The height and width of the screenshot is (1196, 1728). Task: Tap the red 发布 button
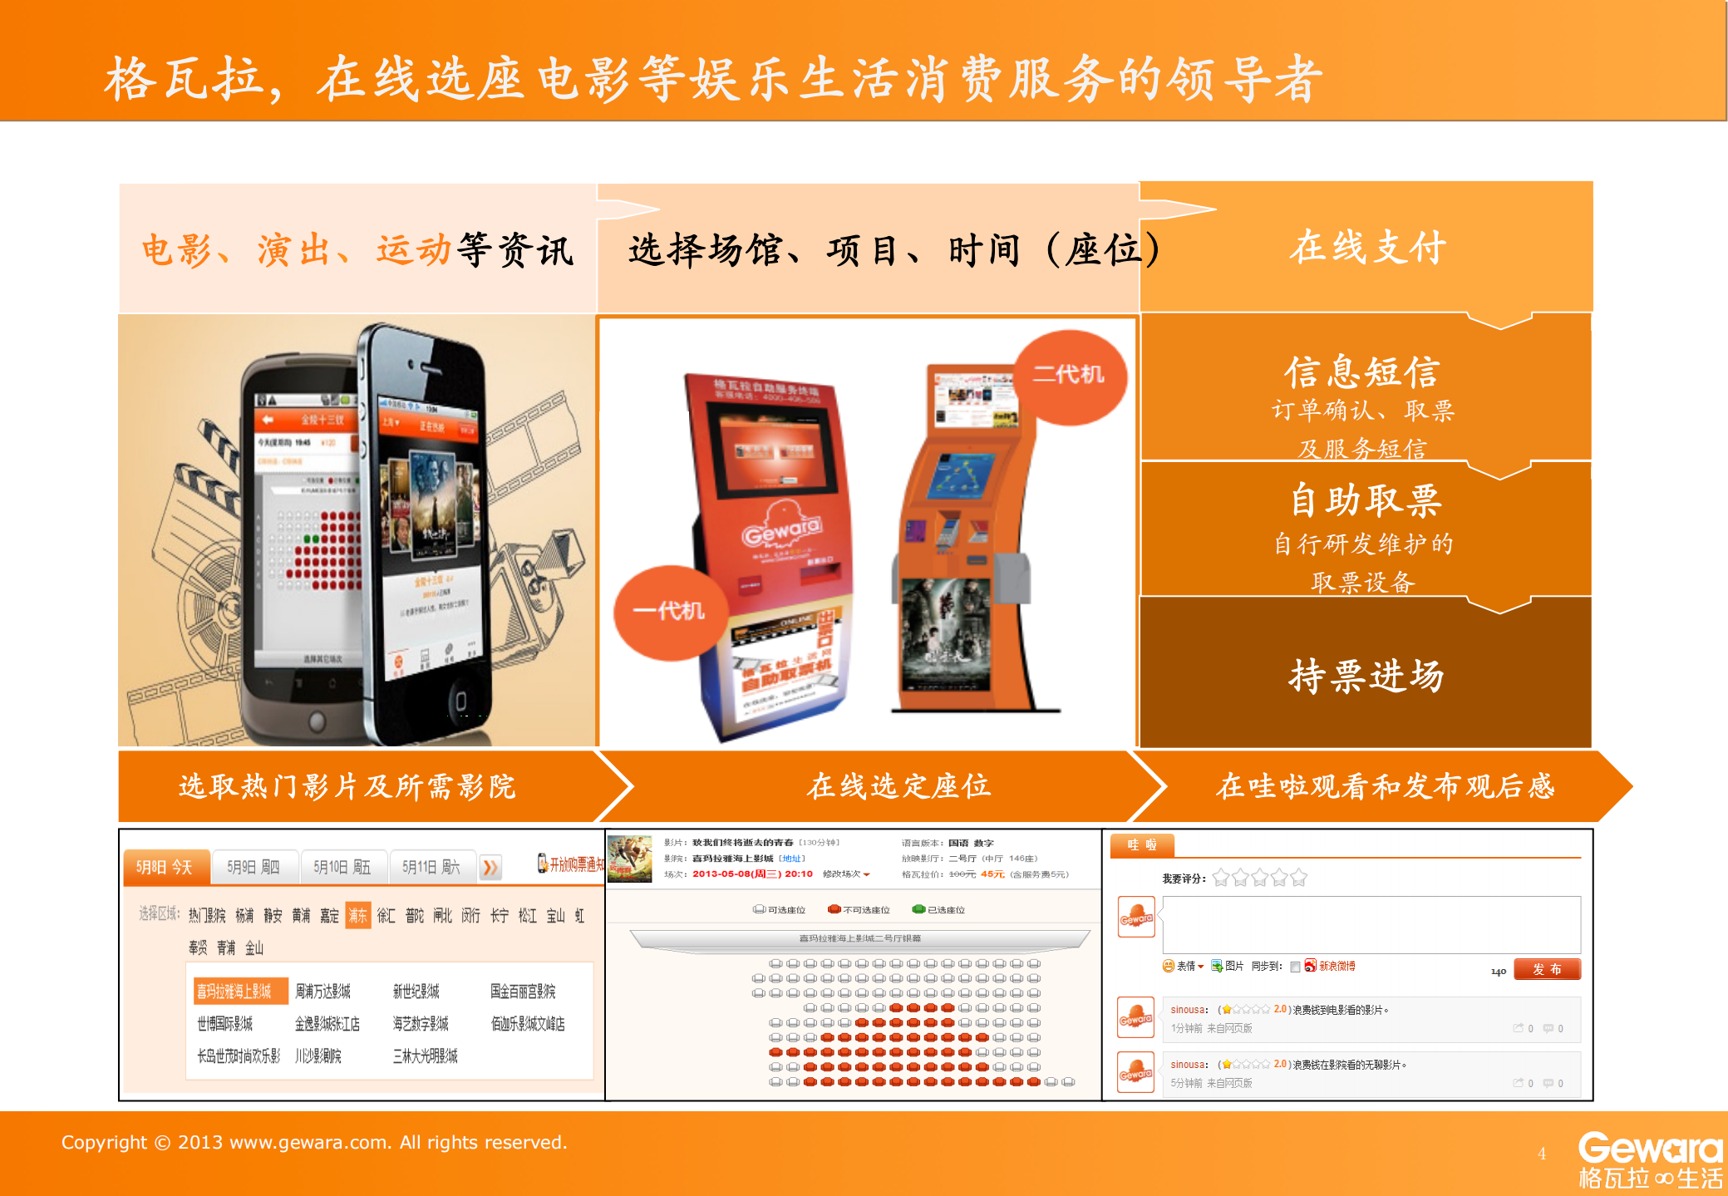point(1546,969)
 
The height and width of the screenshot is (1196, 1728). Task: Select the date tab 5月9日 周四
point(254,867)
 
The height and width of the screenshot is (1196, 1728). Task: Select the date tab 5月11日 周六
point(431,867)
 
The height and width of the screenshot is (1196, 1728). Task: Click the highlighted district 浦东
point(357,915)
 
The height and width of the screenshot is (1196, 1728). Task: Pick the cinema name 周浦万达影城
point(323,991)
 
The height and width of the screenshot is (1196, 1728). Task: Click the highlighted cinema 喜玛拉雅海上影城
point(235,991)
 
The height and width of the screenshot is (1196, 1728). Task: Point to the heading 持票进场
point(1366,676)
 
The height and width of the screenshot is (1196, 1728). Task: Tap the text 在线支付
point(1367,248)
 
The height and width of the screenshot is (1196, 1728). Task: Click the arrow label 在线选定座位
point(898,786)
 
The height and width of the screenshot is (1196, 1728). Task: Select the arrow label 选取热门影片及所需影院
point(347,786)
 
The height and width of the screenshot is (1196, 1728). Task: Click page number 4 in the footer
point(1542,1154)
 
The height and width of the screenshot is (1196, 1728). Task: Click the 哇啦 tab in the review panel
point(1142,845)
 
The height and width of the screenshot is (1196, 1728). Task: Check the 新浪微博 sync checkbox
point(1295,967)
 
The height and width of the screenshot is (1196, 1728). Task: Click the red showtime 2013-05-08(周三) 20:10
point(752,874)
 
